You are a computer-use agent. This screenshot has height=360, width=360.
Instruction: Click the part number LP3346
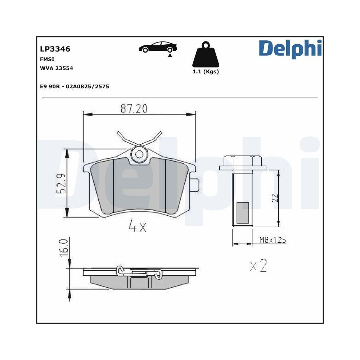pyautogui.click(x=55, y=49)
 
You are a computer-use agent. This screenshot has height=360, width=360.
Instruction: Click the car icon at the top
pyautogui.click(x=157, y=48)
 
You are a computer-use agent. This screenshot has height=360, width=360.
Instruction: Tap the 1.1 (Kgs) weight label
pyautogui.click(x=205, y=72)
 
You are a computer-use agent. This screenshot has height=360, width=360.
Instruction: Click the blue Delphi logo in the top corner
pyautogui.click(x=290, y=49)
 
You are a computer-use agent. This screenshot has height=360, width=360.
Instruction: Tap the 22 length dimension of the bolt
pyautogui.click(x=275, y=198)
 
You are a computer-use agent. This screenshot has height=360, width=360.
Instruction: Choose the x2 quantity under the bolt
pyautogui.click(x=258, y=266)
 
